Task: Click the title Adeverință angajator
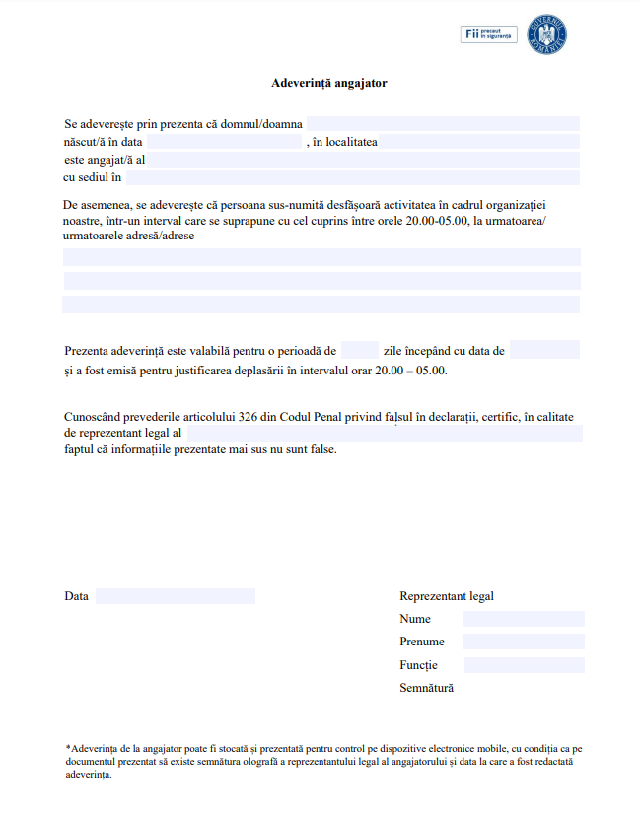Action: click(x=328, y=83)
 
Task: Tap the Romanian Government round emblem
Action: click(x=547, y=34)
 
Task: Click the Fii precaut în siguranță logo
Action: click(x=489, y=34)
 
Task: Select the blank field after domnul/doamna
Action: click(x=443, y=124)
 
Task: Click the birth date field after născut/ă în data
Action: click(x=225, y=142)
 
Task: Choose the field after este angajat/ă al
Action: click(x=364, y=160)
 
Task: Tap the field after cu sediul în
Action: click(x=352, y=177)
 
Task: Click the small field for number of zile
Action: click(x=360, y=350)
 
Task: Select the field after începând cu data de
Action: click(x=544, y=350)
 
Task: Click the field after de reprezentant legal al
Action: click(x=385, y=433)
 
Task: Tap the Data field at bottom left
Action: click(x=176, y=596)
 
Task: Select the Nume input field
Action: click(x=523, y=619)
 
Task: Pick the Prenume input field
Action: click(x=523, y=642)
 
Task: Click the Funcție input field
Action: click(x=523, y=665)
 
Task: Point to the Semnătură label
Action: click(x=427, y=688)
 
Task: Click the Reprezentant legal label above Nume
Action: click(x=447, y=596)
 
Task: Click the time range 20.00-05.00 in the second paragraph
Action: click(x=437, y=220)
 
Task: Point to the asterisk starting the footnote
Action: click(x=68, y=748)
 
